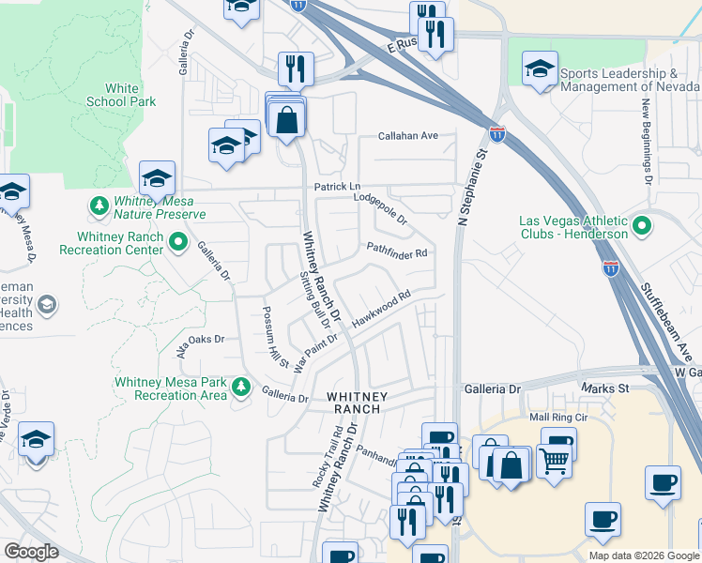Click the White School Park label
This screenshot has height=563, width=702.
coord(120,95)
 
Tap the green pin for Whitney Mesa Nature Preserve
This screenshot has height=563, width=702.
coord(99,205)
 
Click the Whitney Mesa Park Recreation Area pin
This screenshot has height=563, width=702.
coord(242,387)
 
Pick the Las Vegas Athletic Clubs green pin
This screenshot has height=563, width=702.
coord(642,226)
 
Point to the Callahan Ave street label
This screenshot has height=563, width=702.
coord(408,136)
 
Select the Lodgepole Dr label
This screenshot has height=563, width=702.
coord(380,207)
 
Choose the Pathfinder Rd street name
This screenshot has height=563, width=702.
coord(397,251)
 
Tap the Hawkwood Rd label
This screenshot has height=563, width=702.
coord(382,308)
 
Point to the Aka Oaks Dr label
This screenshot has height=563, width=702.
coord(201,340)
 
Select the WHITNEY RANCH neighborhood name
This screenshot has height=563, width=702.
coord(354,403)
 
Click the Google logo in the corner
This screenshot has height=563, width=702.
coord(32,552)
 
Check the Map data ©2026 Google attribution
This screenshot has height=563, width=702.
coord(643,555)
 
